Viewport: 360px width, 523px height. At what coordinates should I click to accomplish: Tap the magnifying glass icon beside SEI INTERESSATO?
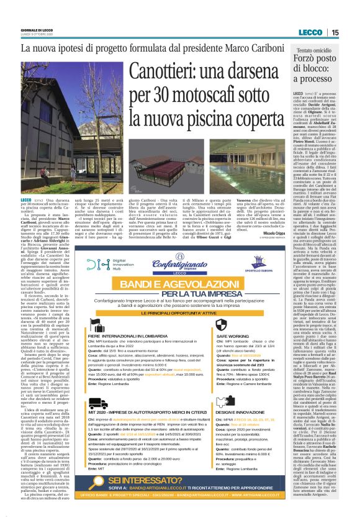coord(102,483)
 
